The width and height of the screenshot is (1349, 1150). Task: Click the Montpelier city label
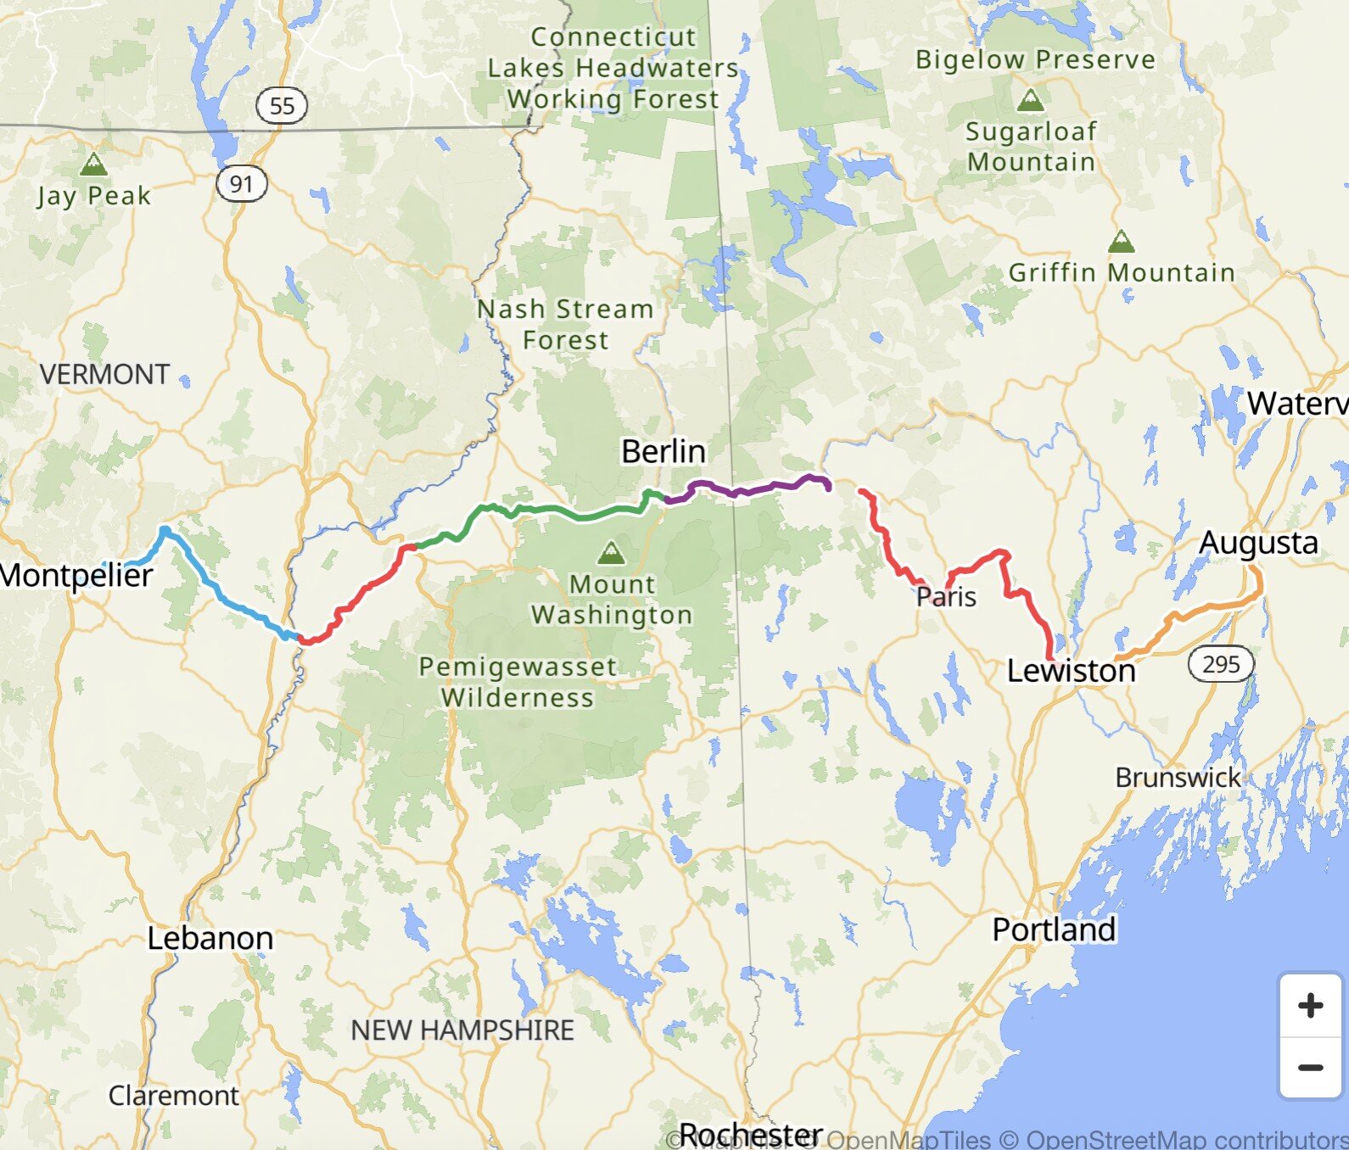point(76,575)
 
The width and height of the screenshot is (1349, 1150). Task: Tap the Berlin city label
point(663,451)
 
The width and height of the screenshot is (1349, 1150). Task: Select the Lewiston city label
point(1071,671)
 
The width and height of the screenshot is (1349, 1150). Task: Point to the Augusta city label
point(1258,543)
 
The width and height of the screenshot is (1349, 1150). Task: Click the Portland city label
point(1054,929)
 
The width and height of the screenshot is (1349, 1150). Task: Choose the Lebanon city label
point(210,938)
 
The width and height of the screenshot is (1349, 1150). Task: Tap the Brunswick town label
point(1178,777)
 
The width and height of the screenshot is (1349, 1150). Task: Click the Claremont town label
point(174,1095)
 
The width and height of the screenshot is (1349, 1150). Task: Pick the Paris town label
point(947,597)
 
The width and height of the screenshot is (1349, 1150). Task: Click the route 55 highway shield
point(282,106)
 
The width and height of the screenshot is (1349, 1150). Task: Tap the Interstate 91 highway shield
point(242,183)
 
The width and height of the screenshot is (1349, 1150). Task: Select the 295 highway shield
point(1221,664)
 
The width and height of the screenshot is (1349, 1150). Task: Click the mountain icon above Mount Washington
point(611,554)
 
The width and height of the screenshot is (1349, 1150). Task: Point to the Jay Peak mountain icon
point(93,164)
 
